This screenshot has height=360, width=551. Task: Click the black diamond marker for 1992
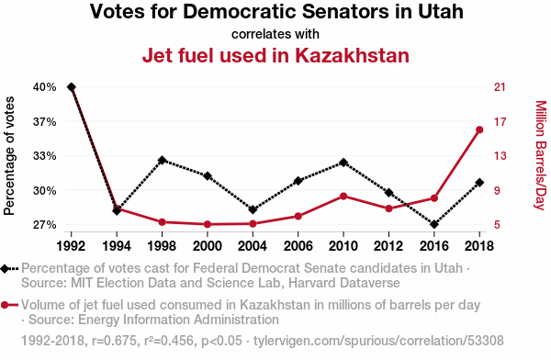72,87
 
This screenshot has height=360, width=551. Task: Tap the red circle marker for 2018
479,130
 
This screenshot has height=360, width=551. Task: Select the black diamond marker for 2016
434,224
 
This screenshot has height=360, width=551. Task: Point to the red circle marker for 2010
343,197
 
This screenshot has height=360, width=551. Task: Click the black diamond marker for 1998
162,161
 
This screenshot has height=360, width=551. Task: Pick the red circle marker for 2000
208,224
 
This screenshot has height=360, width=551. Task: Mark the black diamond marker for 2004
253,209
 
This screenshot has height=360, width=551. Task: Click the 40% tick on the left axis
45,87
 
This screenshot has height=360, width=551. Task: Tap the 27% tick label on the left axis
45,225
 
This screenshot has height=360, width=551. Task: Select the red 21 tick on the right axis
500,87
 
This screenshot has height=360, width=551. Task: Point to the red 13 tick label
500,156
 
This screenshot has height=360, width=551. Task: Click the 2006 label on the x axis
298,246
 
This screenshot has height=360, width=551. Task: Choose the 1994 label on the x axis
117,246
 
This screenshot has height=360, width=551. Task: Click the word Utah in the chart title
441,11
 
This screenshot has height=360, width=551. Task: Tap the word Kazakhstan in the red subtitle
352,55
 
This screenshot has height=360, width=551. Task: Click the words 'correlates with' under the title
275,35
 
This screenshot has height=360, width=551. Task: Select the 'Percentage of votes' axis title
9,156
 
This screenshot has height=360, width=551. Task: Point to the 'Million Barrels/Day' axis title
541,155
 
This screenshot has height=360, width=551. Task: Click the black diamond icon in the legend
5,269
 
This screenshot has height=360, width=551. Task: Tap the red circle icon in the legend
5,305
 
